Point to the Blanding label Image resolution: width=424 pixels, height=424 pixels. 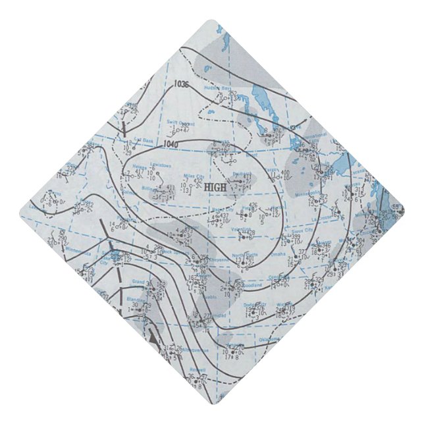tap(135, 298)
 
